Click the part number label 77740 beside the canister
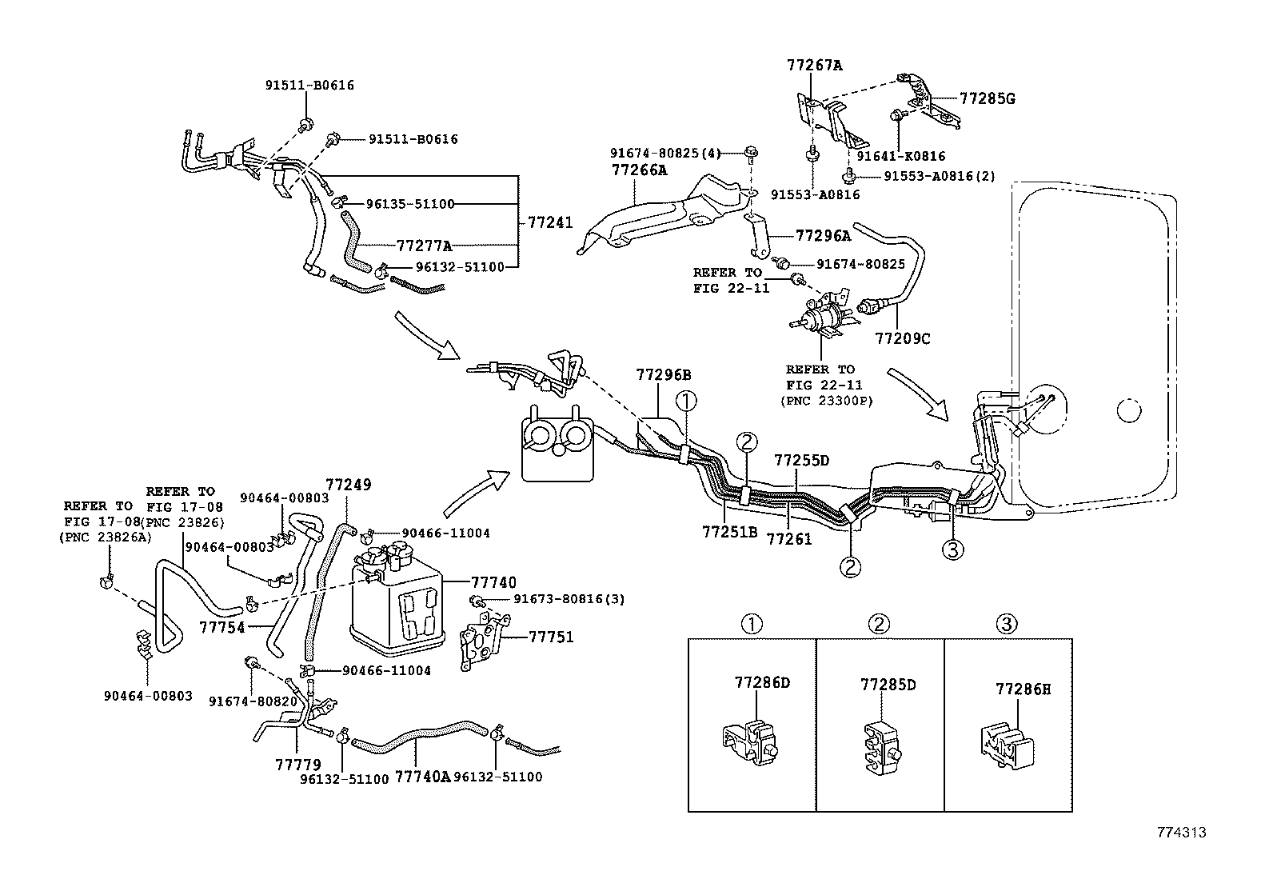pos(493,583)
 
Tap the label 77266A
pos(639,170)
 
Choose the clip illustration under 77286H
pos(1007,745)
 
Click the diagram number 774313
pos(1179,833)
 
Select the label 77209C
pos(903,338)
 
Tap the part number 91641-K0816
pos(901,157)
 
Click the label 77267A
pos(814,65)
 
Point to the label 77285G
pos(987,98)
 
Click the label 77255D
pos(801,461)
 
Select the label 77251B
pos(729,531)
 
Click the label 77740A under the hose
pos(423,777)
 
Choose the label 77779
pos(298,765)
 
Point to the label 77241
pos(550,223)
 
